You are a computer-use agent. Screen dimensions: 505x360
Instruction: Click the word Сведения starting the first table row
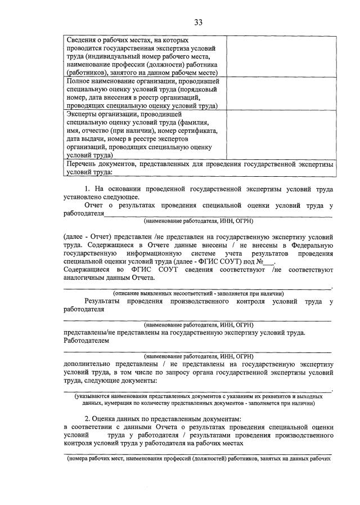(83, 41)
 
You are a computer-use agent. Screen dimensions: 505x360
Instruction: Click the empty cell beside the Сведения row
(281, 57)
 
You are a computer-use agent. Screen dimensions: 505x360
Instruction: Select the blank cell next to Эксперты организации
(281, 135)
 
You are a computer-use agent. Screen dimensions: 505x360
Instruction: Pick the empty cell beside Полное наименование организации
(281, 93)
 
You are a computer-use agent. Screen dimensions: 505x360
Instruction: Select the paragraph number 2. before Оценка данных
(88, 419)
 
